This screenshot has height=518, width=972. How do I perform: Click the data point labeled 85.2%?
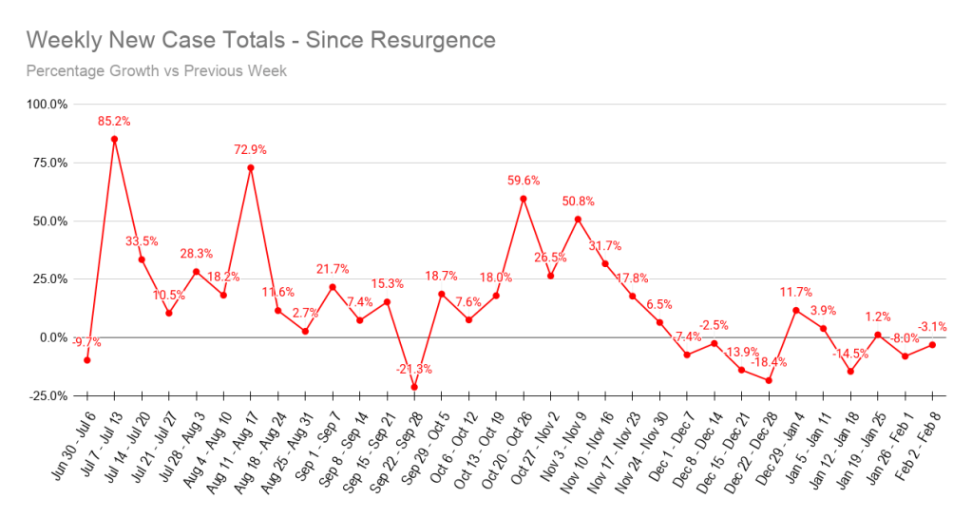(x=114, y=139)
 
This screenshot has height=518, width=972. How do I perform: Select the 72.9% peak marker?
(x=250, y=167)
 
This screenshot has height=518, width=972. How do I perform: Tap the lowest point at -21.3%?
(x=414, y=387)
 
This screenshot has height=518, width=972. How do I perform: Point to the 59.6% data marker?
(x=524, y=199)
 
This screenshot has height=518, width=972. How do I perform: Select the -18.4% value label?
(x=769, y=362)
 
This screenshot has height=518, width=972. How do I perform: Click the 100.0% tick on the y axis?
(x=47, y=105)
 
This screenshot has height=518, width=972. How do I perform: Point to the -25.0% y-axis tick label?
(x=47, y=395)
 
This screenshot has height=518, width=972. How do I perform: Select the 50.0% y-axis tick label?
(x=47, y=221)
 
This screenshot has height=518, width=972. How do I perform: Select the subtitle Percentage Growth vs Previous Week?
(x=157, y=70)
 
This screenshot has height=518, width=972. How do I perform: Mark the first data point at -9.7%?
(x=87, y=360)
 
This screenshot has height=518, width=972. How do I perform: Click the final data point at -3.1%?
(x=933, y=344)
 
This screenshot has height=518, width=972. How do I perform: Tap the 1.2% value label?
(x=878, y=317)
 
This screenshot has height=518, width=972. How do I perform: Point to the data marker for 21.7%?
(x=333, y=287)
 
